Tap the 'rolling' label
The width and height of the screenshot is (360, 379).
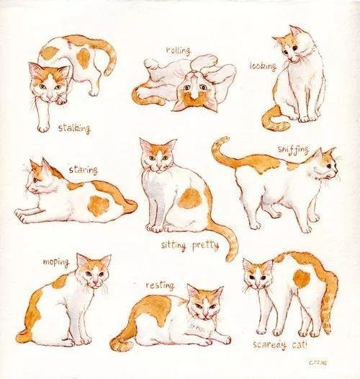[x=178, y=50]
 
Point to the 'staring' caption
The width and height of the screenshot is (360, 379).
[x=83, y=169]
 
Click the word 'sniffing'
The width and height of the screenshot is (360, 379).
[x=292, y=149]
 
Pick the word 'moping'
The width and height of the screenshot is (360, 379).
[x=55, y=262]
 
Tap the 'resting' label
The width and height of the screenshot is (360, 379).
[x=160, y=285]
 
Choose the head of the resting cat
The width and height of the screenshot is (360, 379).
[x=204, y=303]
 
